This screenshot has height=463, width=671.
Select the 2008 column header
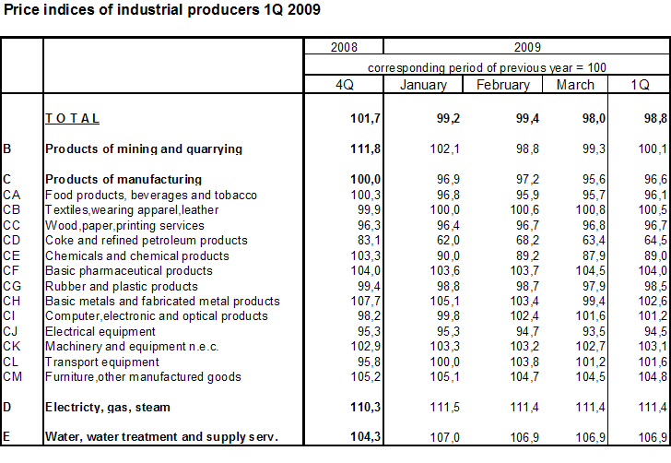coord(344,47)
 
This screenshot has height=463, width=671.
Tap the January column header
coord(423,85)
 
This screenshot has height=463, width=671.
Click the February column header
coord(502,85)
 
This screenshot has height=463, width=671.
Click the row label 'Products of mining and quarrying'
coord(144,148)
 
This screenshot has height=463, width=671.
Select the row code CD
coord(12,240)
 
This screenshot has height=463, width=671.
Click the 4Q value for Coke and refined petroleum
coord(343,240)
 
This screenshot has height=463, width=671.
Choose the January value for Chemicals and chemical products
coord(434,255)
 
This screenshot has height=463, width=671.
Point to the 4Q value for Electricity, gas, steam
coord(341,407)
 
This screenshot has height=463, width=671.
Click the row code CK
coord(12,346)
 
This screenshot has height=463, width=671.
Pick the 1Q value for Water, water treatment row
coord(653,436)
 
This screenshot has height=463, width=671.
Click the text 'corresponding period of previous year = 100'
coord(487,67)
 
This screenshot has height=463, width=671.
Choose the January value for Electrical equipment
coord(434,331)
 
